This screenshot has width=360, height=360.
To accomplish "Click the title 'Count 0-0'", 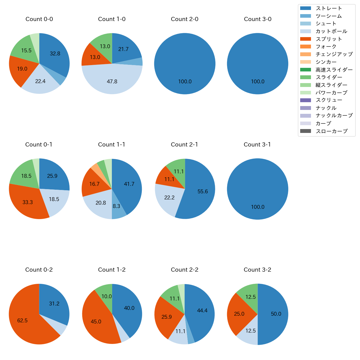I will [x=39, y=19].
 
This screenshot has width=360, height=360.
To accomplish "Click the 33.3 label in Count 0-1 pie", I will [x=28, y=202].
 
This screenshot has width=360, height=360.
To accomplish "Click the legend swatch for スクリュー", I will [x=305, y=100].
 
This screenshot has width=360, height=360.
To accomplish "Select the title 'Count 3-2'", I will [x=257, y=270].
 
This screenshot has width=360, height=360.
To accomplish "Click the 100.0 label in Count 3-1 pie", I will [x=258, y=207].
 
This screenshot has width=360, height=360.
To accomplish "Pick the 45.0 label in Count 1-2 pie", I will [x=96, y=322].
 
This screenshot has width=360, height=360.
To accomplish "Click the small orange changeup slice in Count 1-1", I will [x=96, y=168].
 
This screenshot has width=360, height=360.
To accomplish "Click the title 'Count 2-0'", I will [x=184, y=19].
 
